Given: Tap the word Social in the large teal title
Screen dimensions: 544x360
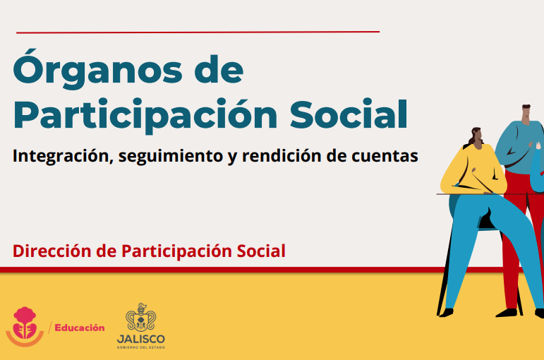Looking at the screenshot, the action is (349, 114).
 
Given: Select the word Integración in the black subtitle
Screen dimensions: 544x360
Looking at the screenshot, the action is (63, 156).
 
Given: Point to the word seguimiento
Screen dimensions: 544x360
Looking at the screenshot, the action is (170, 156).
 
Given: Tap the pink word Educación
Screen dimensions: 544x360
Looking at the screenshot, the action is (80, 328).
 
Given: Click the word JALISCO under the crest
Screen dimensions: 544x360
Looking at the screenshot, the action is (141, 339).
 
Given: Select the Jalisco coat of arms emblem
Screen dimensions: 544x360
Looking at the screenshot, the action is (140, 318).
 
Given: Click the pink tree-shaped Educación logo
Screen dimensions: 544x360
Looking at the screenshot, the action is (25, 326).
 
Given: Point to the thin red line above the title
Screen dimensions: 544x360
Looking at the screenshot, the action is (198, 32).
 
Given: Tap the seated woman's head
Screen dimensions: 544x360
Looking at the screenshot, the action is (477, 137).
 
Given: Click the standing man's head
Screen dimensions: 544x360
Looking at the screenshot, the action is (526, 113).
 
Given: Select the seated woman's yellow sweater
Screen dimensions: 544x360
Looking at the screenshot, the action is (473, 169).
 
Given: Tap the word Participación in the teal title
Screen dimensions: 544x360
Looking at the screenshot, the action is (145, 114).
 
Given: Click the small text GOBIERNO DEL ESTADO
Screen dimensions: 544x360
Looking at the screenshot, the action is (141, 347).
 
